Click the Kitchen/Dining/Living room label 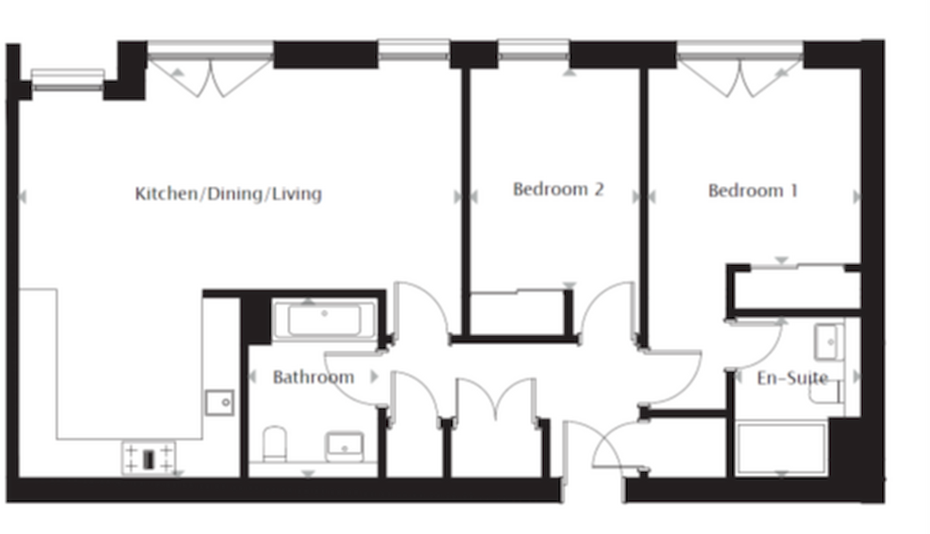(x=228, y=194)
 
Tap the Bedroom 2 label (x=559, y=189)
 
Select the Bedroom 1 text (x=753, y=191)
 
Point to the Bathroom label (x=313, y=378)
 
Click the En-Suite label (x=792, y=378)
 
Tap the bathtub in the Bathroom (x=324, y=321)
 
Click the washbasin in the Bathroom (x=344, y=446)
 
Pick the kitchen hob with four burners (x=149, y=458)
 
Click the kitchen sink (x=220, y=403)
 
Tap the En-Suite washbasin (x=829, y=341)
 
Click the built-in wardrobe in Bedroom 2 (x=517, y=313)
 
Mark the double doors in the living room (x=210, y=76)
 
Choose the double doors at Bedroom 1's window (x=740, y=76)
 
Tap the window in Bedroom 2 (x=534, y=51)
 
